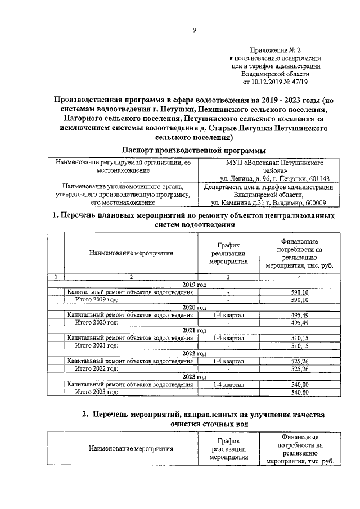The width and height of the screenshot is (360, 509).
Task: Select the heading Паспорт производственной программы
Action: point(193,150)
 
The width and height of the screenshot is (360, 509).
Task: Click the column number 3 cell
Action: point(228,277)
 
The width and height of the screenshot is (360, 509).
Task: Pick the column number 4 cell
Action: point(299,277)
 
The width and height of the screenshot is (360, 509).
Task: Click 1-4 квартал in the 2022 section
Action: point(228,361)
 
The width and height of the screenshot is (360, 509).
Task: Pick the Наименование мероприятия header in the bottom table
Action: point(131,449)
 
